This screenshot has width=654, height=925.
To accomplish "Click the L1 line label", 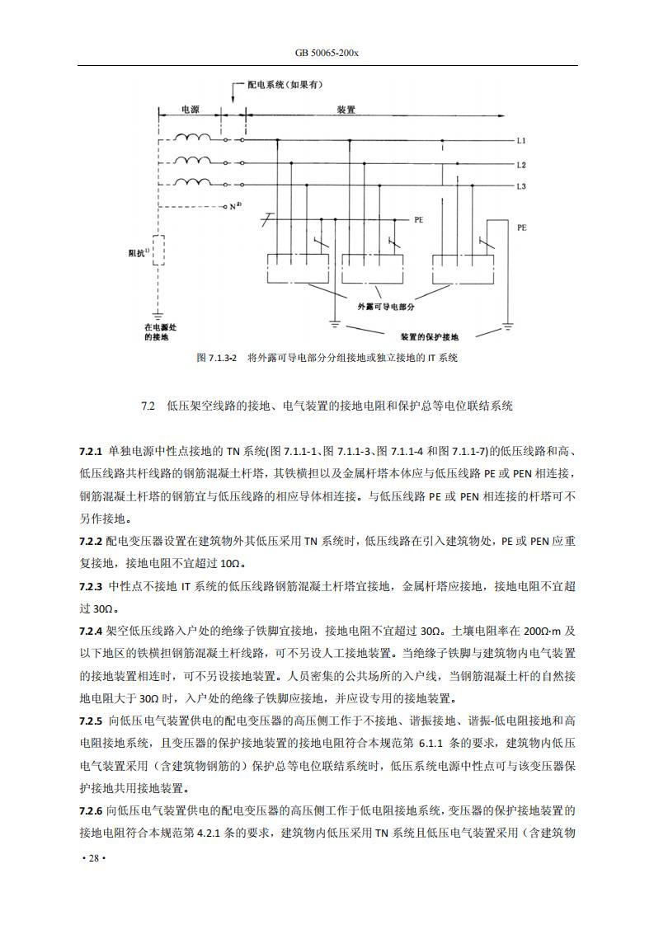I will [x=521, y=141].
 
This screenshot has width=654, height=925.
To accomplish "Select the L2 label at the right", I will [x=521, y=165].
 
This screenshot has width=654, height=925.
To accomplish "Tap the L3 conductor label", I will [x=521, y=186].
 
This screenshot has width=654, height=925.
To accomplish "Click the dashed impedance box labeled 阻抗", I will [x=158, y=251].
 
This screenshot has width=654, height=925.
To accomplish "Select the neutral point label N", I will [x=235, y=205].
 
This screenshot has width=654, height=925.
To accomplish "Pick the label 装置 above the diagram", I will [x=346, y=109].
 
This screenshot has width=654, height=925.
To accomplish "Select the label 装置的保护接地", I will [x=431, y=337].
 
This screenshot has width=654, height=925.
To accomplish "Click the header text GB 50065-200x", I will [x=327, y=52].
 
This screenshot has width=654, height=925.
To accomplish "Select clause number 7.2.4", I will [x=90, y=631].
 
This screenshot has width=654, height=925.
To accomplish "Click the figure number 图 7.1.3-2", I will [x=217, y=359].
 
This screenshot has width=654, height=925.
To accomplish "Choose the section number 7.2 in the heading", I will [x=148, y=406].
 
